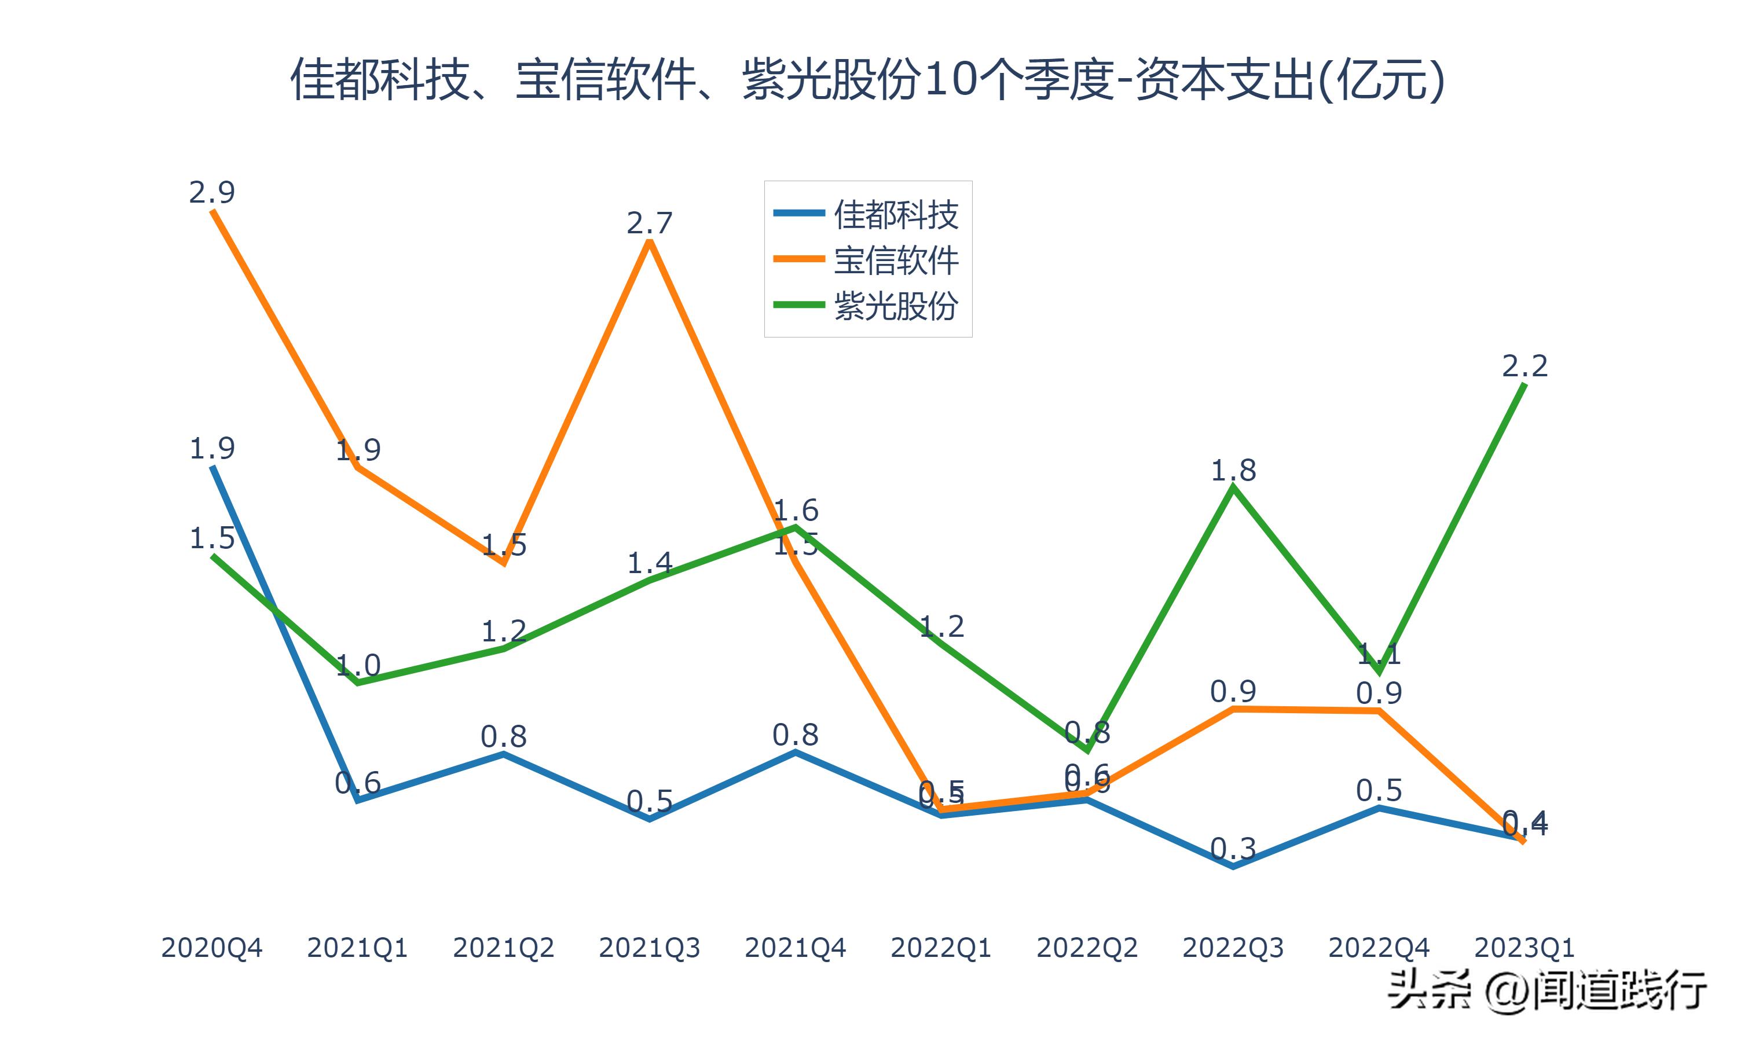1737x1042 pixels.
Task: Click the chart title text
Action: (868, 79)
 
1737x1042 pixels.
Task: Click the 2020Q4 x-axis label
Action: (211, 948)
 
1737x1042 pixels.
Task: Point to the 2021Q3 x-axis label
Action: (650, 948)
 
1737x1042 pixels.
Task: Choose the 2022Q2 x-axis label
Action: (1087, 948)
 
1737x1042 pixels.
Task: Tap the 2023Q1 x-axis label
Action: (1525, 948)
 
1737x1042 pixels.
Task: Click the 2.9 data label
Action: (211, 192)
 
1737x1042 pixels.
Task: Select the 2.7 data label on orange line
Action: (650, 223)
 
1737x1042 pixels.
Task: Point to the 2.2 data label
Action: (1525, 366)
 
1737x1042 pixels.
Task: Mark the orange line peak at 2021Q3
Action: (650, 241)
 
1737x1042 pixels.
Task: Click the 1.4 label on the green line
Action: (650, 563)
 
